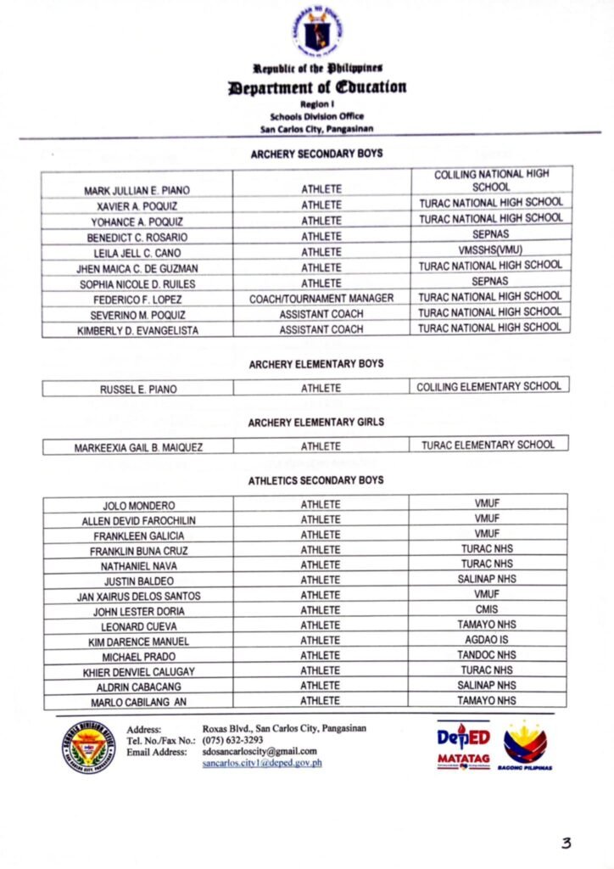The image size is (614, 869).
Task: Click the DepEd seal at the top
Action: (318, 31)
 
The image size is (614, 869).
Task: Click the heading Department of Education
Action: (316, 87)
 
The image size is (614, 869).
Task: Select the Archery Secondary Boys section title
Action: (315, 154)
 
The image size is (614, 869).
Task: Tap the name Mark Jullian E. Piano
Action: (137, 189)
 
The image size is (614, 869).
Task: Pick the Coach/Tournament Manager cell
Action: (321, 299)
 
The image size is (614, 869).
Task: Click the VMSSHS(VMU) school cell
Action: (490, 251)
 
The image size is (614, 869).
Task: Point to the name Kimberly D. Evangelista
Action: (137, 330)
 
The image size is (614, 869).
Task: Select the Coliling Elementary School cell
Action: (488, 387)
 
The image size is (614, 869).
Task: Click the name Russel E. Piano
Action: (138, 390)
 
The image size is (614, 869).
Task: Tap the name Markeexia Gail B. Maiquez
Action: (138, 446)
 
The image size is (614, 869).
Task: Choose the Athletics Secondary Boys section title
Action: (315, 480)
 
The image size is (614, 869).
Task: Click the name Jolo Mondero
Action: (139, 505)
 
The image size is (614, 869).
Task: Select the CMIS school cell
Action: (487, 609)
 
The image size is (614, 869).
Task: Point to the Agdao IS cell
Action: (487, 640)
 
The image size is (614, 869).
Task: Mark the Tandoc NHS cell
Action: (487, 655)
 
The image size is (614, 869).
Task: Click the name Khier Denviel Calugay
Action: (139, 671)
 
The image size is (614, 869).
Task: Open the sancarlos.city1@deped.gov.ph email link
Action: (262, 763)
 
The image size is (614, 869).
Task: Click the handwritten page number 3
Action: (566, 843)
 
